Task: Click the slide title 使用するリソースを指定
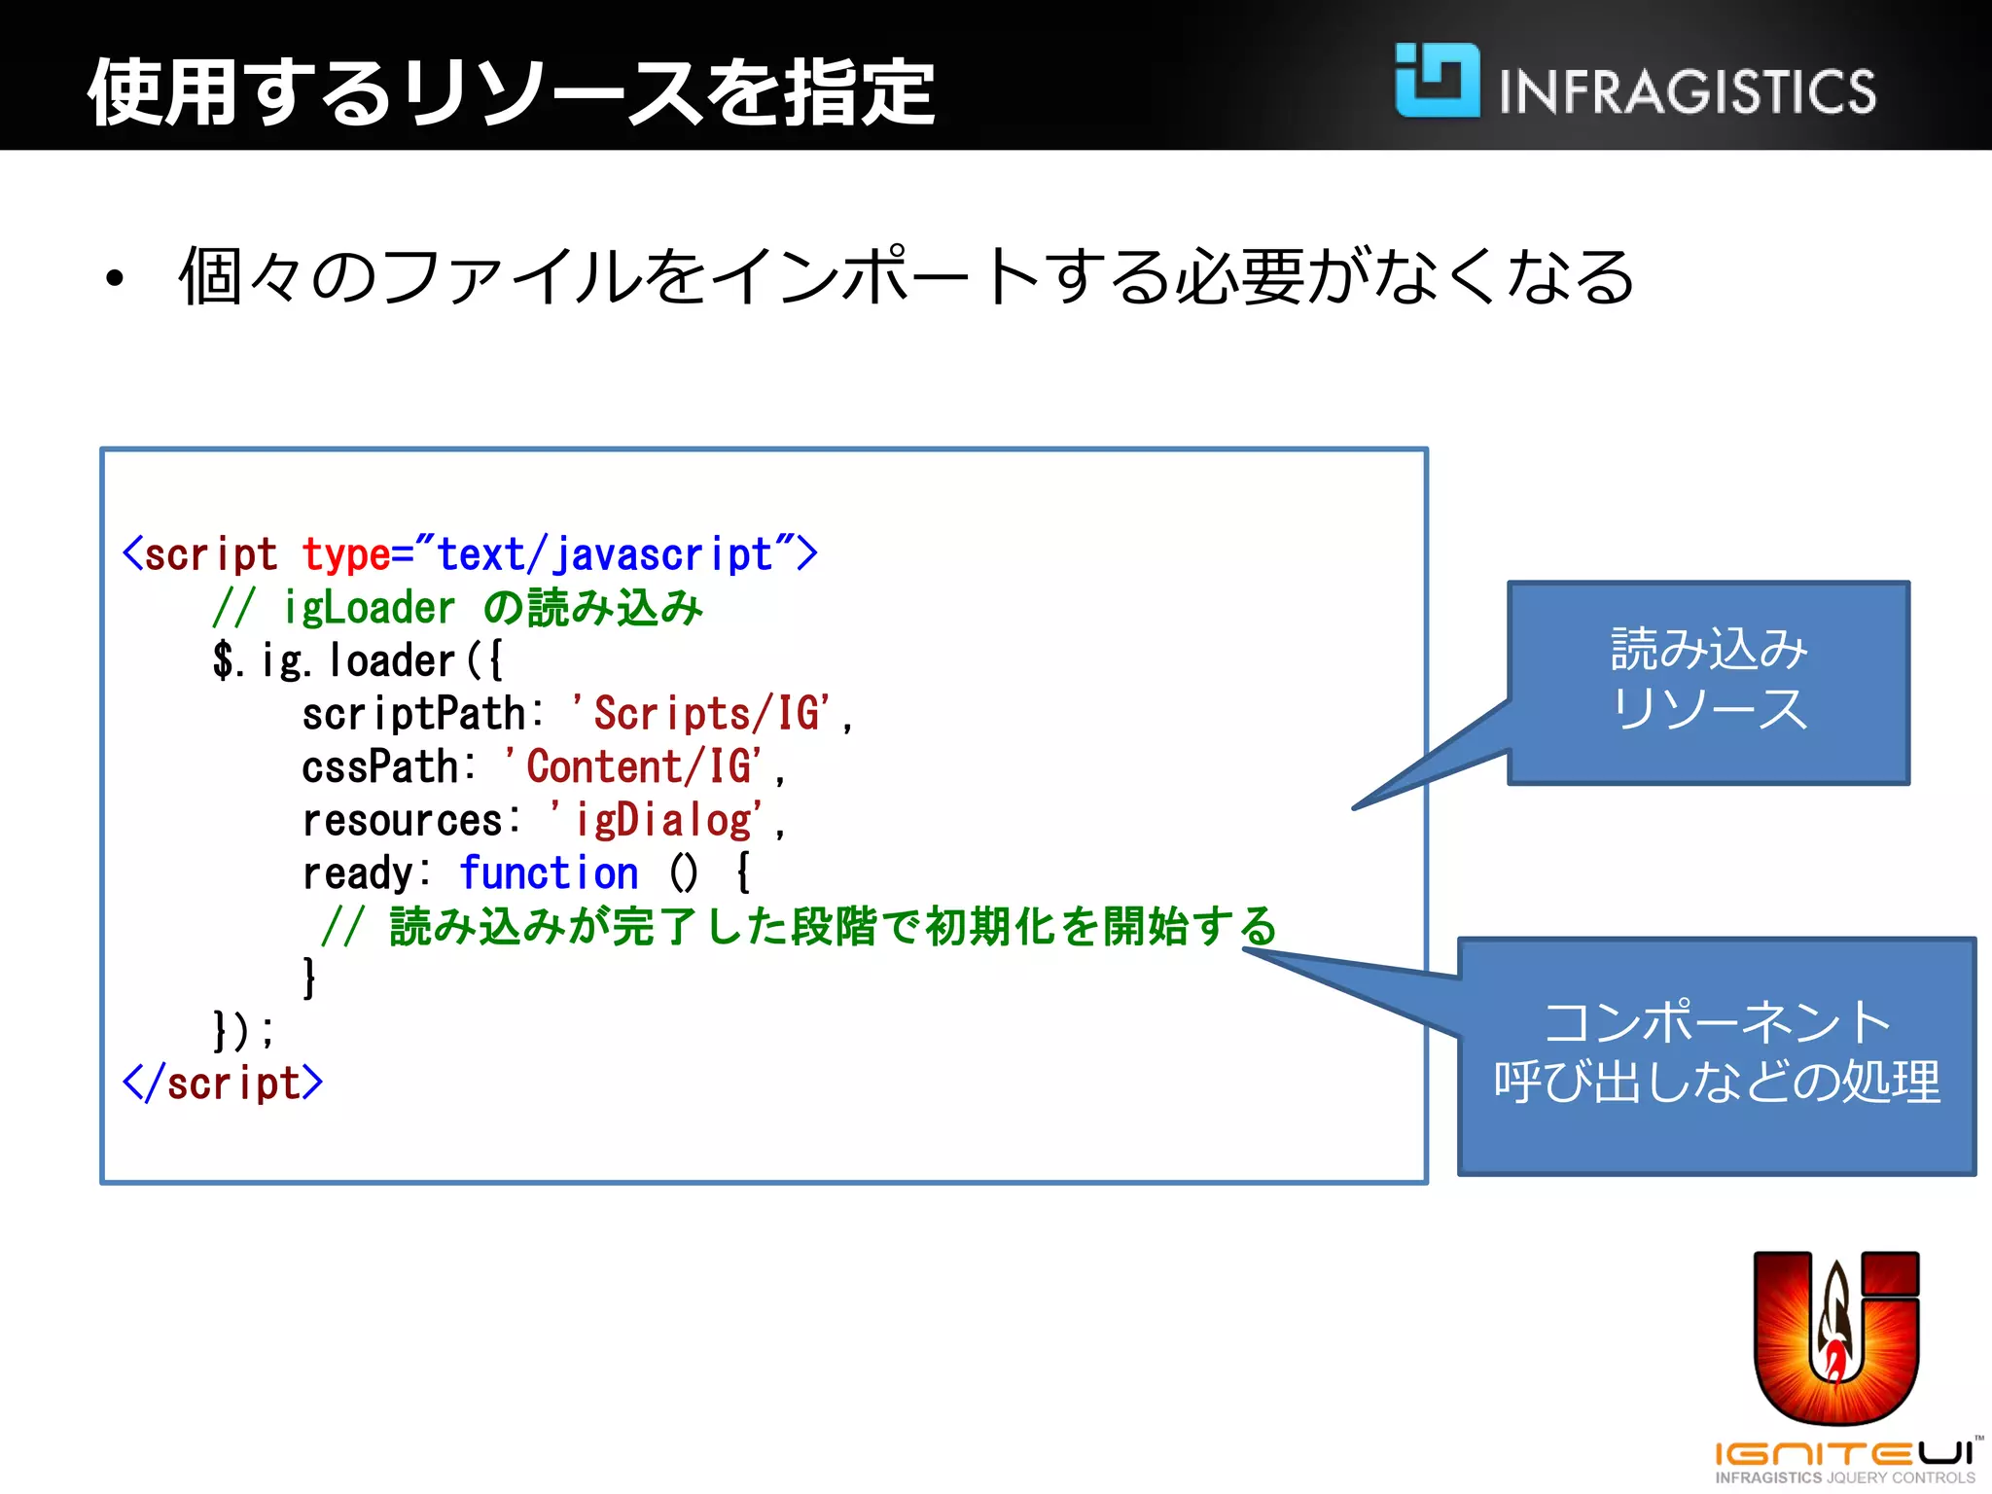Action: (x=511, y=92)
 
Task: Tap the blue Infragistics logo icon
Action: (x=1437, y=81)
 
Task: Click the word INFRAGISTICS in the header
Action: (x=1687, y=92)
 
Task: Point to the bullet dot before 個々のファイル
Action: (x=116, y=279)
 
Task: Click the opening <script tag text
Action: (x=200, y=554)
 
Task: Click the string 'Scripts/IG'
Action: (x=700, y=714)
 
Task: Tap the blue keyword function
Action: (x=549, y=873)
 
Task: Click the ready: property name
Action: (x=366, y=873)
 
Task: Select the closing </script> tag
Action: (x=223, y=1084)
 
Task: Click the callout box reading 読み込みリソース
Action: (x=1708, y=681)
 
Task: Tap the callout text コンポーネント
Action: (x=1717, y=1022)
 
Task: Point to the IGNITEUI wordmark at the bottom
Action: (x=1843, y=1455)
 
